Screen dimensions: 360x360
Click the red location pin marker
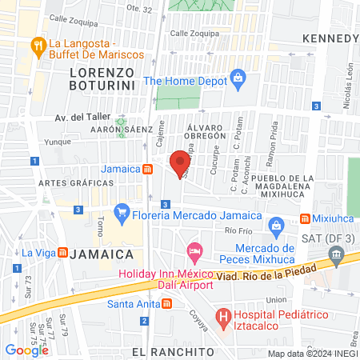point(181,162)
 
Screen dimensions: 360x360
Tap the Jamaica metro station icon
point(148,169)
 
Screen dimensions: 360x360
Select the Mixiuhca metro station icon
point(306,219)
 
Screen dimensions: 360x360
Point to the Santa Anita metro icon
point(166,303)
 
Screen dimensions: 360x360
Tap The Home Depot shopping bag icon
point(238,78)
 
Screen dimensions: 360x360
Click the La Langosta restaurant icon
point(37,46)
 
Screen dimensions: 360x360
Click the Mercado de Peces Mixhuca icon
point(276,226)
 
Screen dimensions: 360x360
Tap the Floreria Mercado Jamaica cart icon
point(122,212)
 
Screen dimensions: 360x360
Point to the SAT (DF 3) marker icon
point(337,258)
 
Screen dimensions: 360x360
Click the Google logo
point(26,350)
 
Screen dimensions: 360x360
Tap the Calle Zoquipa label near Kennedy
point(190,34)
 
